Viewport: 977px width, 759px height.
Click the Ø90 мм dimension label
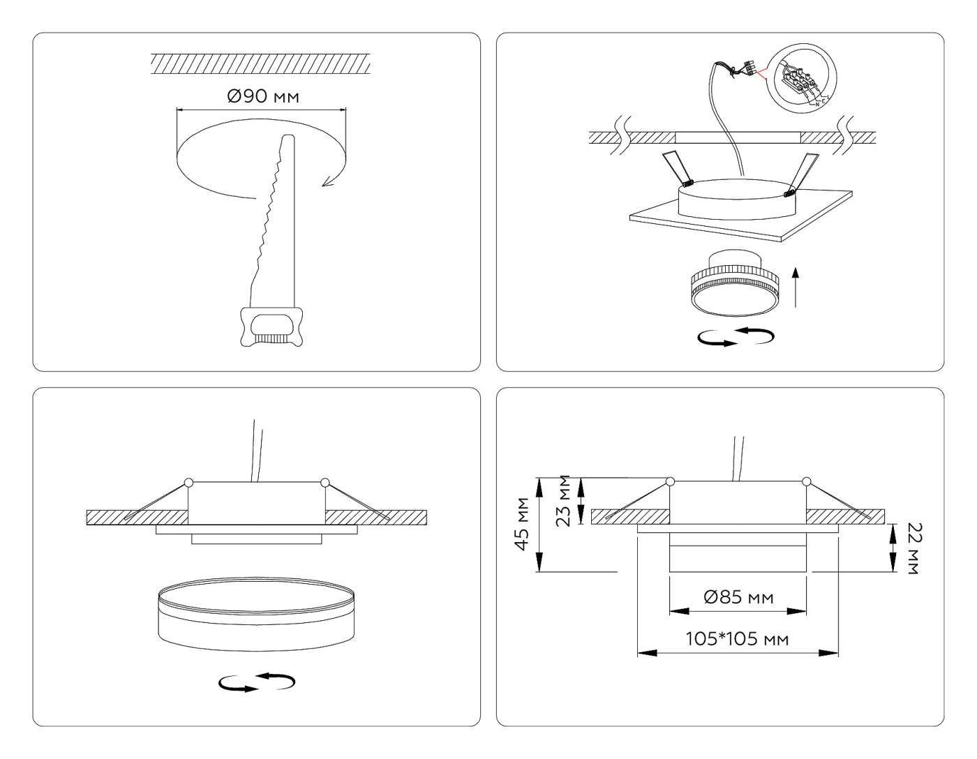[262, 96]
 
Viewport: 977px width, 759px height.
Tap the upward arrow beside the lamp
[797, 289]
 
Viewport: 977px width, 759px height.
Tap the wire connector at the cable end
[750, 68]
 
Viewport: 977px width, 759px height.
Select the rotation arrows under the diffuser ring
[256, 682]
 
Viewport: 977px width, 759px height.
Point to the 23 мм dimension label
[565, 500]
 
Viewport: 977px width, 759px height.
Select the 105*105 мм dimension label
[738, 638]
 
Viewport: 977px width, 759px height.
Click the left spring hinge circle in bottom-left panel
[188, 482]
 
